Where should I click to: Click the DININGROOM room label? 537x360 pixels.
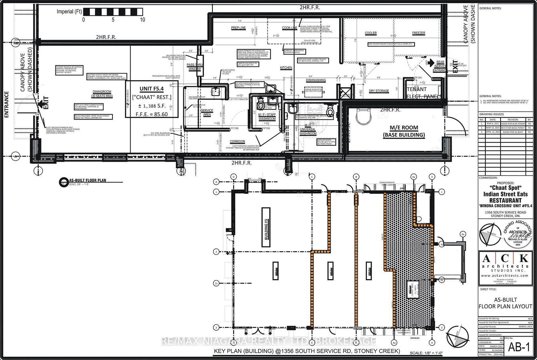click(x=102, y=92)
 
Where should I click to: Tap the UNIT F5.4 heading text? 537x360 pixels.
click(x=152, y=89)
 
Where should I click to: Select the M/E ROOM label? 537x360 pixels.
click(x=404, y=128)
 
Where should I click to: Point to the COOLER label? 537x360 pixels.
click(x=371, y=33)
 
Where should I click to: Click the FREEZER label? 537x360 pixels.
click(x=419, y=33)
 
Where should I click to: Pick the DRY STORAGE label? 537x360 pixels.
click(x=379, y=91)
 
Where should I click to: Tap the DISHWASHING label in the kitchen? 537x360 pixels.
click(x=315, y=80)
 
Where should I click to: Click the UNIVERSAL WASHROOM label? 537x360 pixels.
click(x=308, y=131)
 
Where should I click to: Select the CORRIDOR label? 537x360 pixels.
click(x=237, y=142)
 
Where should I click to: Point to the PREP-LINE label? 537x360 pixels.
click(x=238, y=28)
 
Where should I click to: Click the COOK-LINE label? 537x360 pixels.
click(x=289, y=28)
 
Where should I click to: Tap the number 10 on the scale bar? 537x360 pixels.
click(x=143, y=20)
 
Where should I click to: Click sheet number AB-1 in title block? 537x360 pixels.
click(x=519, y=347)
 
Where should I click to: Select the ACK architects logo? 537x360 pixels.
click(x=505, y=265)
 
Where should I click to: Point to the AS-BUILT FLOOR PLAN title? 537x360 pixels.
click(x=88, y=180)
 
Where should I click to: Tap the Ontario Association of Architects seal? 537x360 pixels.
click(x=518, y=234)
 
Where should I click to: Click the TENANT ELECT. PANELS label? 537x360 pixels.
click(x=423, y=93)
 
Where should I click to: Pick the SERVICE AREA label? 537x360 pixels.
click(x=207, y=113)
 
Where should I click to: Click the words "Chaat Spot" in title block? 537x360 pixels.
click(x=505, y=188)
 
